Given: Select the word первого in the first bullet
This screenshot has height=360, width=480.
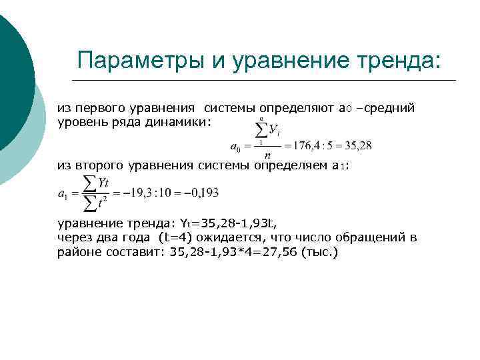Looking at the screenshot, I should click(x=101, y=107).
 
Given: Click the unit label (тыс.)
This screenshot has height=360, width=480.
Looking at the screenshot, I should click(x=321, y=252).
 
